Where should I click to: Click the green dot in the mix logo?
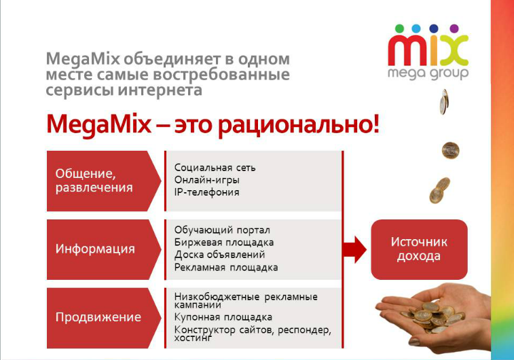point(399,29)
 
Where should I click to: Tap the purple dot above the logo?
point(454,29)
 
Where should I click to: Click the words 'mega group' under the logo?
point(428,73)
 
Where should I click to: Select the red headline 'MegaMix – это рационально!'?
point(213,124)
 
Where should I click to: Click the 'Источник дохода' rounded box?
point(419,249)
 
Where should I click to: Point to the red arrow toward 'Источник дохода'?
point(354,249)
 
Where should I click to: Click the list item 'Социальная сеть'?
point(215,168)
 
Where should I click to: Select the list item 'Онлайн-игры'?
point(207,180)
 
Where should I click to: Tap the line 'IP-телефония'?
point(206,192)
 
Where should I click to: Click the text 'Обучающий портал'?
point(222,230)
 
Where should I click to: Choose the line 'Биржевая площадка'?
point(224,242)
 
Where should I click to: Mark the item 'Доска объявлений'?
point(219,255)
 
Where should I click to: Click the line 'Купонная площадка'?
point(223,317)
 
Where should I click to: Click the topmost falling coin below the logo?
point(444,102)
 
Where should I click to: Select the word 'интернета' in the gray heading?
point(160,90)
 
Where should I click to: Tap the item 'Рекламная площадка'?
point(226,268)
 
